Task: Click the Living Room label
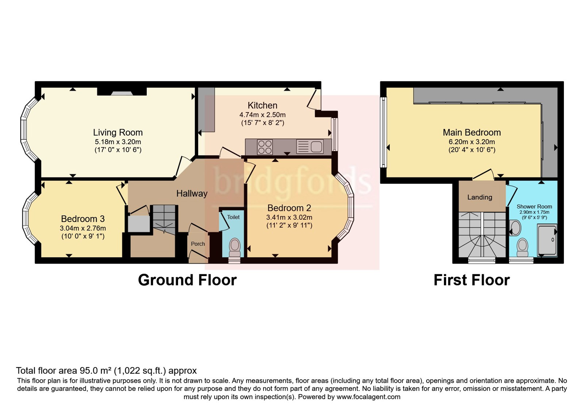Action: [x=118, y=133]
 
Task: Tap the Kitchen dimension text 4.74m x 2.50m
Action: [x=262, y=115]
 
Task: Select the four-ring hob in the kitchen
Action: [x=265, y=147]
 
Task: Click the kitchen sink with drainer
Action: [x=310, y=146]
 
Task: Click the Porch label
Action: [x=198, y=244]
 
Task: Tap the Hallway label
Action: [x=192, y=194]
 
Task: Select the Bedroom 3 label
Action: [x=83, y=219]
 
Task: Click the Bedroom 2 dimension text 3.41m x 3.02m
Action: [x=289, y=217]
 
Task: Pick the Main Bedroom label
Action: [x=472, y=133]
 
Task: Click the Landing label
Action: [x=480, y=197]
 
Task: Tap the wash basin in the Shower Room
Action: [x=515, y=228]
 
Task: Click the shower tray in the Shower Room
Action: [x=547, y=240]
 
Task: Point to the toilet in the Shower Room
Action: [x=522, y=248]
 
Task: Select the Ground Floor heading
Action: [x=187, y=280]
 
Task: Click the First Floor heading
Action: [x=472, y=280]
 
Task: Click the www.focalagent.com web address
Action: [x=368, y=397]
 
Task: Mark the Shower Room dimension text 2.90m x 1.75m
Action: [x=534, y=212]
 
